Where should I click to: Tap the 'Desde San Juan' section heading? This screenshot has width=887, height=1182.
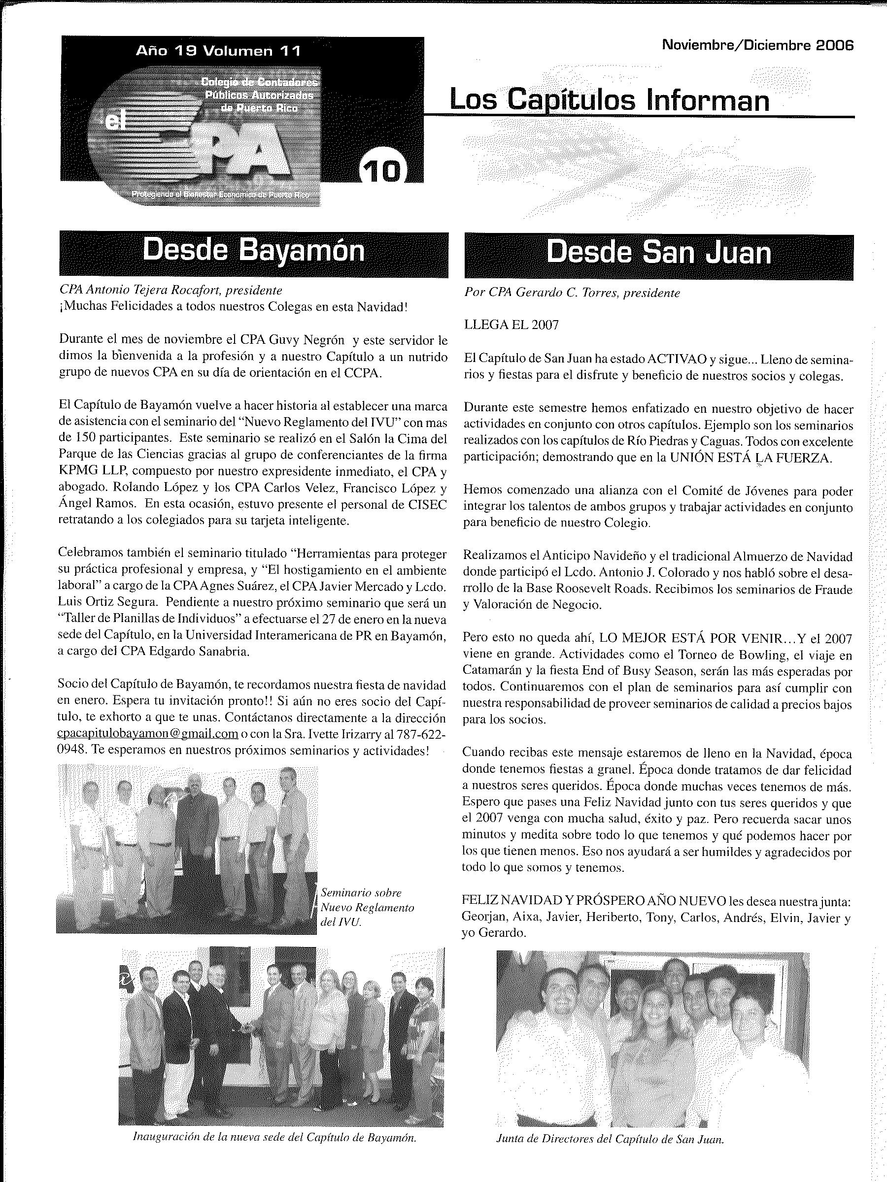click(659, 253)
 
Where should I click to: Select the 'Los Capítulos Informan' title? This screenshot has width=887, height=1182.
click(609, 100)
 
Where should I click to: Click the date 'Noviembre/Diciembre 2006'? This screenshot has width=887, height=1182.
click(757, 45)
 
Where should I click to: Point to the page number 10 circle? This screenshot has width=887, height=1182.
click(383, 171)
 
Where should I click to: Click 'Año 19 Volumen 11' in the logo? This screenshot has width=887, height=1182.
click(218, 51)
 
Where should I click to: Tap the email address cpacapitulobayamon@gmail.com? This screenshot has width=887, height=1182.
click(147, 734)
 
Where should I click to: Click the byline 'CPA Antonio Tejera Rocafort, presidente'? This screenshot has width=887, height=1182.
click(171, 290)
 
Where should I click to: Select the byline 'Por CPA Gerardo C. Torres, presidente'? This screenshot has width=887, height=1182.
click(572, 293)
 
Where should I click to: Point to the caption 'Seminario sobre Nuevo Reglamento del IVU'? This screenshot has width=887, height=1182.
click(367, 907)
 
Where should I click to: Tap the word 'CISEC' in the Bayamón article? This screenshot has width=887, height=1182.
click(429, 504)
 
